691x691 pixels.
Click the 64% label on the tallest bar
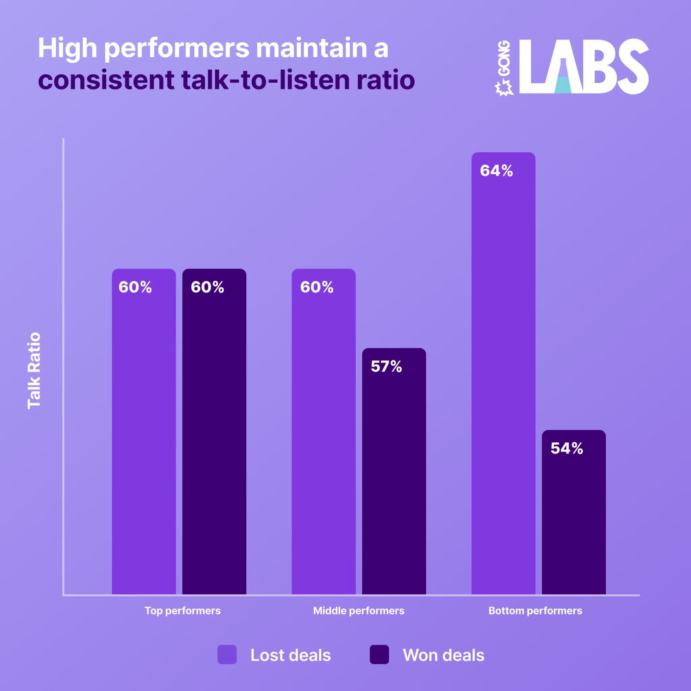(x=496, y=171)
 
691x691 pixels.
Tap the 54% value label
(x=566, y=448)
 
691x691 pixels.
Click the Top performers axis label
(x=183, y=610)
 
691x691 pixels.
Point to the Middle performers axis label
(x=359, y=610)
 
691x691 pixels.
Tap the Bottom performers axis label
(x=535, y=610)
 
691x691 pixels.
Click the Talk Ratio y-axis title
(x=34, y=370)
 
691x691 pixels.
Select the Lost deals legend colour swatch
(x=227, y=655)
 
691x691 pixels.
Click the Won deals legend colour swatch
(x=379, y=655)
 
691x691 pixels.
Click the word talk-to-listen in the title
(x=265, y=79)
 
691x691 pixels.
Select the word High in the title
(x=67, y=48)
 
